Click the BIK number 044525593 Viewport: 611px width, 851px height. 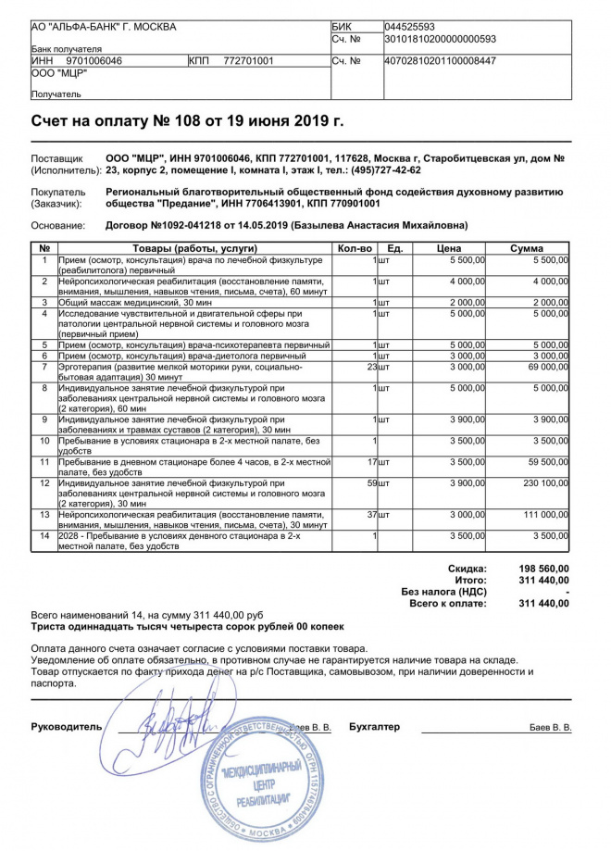[x=408, y=27]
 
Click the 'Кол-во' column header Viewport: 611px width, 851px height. [x=355, y=248]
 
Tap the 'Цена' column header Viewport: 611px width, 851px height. [x=449, y=248]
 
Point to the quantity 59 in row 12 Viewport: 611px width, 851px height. [x=372, y=483]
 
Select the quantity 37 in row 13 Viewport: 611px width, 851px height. [x=372, y=513]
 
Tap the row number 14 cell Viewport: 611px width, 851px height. [x=44, y=535]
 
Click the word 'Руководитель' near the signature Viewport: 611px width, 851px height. [x=67, y=727]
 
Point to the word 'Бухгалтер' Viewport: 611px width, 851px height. [x=374, y=727]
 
